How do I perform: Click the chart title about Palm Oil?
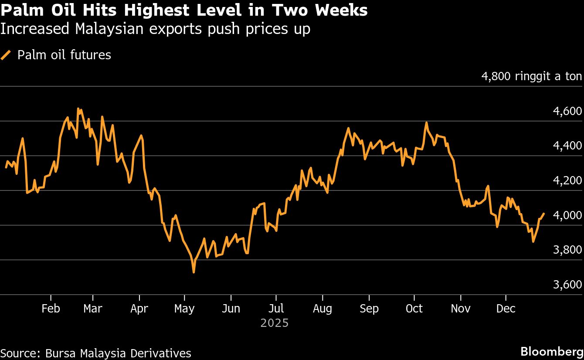pos(184,10)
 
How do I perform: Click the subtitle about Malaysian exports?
pos(155,29)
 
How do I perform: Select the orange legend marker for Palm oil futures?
pos(6,55)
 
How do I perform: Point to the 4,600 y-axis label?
pos(567,111)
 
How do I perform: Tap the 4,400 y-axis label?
pos(567,146)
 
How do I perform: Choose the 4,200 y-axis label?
pos(567,181)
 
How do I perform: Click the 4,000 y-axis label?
pos(567,216)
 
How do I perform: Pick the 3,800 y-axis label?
pos(567,250)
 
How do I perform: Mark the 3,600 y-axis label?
pos(567,285)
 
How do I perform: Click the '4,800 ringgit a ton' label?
pos(531,77)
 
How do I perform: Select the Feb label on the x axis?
pos(51,309)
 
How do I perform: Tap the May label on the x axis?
pos(184,309)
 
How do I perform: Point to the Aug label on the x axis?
pos(323,309)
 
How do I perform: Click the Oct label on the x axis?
pos(414,309)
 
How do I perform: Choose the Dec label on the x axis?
pos(506,309)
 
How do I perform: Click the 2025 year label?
pos(275,323)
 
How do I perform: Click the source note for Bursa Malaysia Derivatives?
pos(96,353)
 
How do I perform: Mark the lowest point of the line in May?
pos(194,272)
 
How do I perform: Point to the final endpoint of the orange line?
pos(543,214)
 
